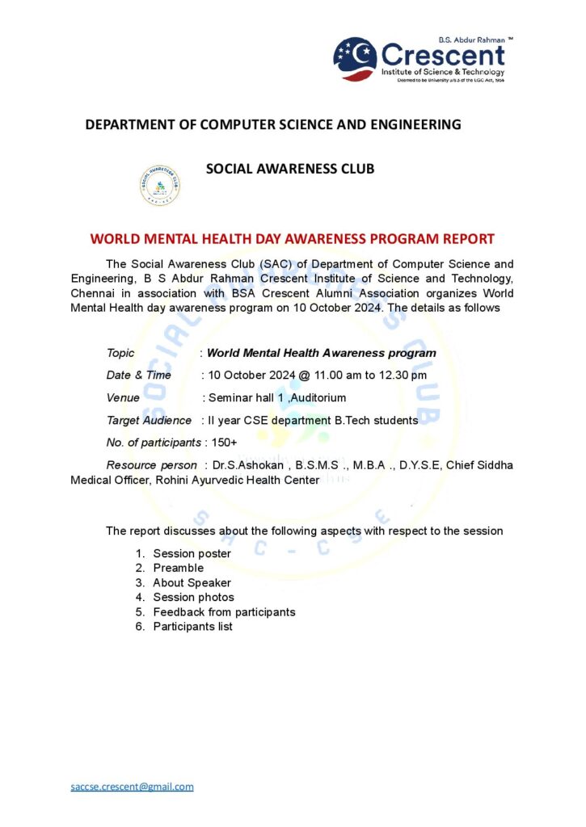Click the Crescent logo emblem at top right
355,58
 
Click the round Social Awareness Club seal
160,186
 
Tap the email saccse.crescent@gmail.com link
132,787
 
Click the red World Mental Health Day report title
292,239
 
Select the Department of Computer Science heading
273,124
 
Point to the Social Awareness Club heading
290,169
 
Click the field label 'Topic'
120,353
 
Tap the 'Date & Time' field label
138,375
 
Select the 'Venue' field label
123,397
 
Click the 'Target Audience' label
149,420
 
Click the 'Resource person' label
151,465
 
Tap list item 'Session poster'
192,553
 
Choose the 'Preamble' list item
178,568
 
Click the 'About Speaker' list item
192,582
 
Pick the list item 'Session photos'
193,597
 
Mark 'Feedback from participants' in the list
224,611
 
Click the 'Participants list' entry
192,626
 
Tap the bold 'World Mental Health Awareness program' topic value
321,353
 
